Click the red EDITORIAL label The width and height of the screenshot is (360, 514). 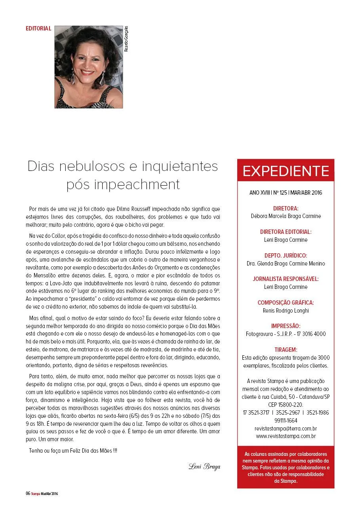(x=38, y=28)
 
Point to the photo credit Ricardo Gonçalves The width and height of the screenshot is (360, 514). (x=126, y=39)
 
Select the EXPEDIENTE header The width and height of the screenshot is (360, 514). (x=286, y=171)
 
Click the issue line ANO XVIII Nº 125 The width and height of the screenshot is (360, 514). (x=286, y=193)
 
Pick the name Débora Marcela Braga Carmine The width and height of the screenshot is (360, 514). (x=286, y=216)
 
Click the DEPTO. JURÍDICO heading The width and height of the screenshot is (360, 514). (x=286, y=256)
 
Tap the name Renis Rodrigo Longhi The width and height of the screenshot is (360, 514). (x=286, y=311)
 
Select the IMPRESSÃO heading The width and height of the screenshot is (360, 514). (x=286, y=326)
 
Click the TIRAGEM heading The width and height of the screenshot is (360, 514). (x=286, y=350)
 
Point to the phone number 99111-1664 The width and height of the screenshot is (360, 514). (x=286, y=420)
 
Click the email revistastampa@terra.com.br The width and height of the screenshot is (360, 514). (x=286, y=429)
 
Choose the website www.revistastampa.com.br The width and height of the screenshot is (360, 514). (x=286, y=436)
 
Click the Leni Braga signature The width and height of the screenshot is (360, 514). (x=204, y=466)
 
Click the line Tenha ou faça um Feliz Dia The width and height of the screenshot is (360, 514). (x=73, y=450)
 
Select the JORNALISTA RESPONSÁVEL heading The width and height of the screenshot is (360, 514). (x=286, y=279)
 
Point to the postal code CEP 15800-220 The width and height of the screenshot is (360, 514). (x=286, y=404)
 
